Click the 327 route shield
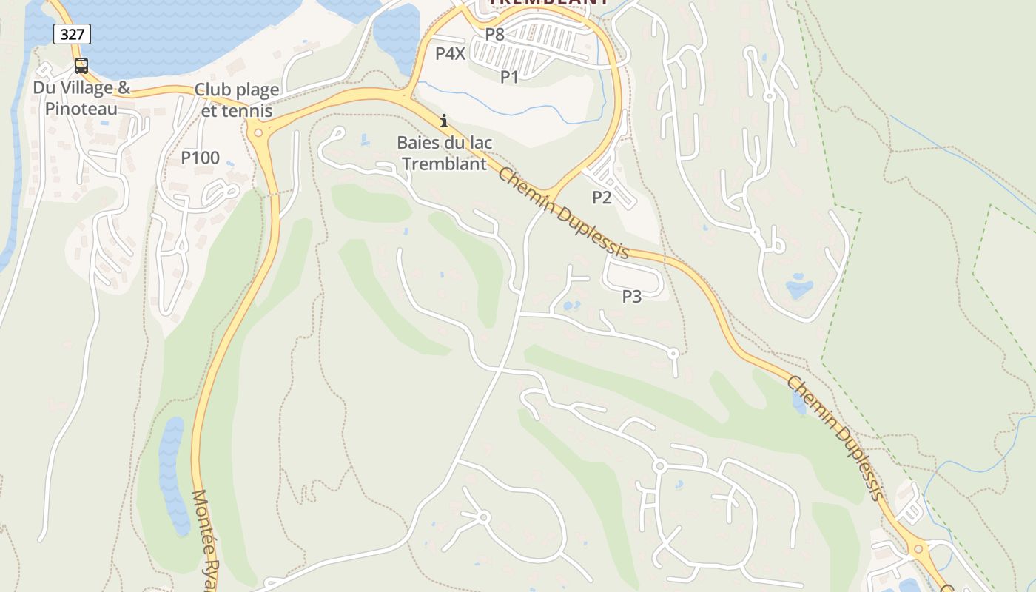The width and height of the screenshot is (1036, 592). coord(72,33)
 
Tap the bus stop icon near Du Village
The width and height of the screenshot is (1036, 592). coord(81,66)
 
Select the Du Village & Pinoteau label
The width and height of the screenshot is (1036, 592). coord(81,98)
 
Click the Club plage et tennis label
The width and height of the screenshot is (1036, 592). coord(237,100)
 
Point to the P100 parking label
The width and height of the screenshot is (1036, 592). coord(200,158)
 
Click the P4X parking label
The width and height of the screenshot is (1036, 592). coord(450,53)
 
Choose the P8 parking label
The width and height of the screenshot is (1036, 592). coord(494,34)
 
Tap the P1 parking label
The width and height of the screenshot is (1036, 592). coord(509,76)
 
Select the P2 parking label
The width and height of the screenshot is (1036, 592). coord(602,197)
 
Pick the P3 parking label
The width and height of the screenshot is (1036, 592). coord(631,297)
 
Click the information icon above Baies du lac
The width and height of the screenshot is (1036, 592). coord(444,121)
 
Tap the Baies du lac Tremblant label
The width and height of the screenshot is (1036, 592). coord(444,153)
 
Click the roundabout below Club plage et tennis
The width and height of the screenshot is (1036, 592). coord(258,133)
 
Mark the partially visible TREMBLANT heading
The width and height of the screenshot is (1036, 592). coord(548,3)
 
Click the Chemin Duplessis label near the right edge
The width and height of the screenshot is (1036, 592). coord(835,437)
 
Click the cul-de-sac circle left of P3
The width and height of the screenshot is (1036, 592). coord(673,353)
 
